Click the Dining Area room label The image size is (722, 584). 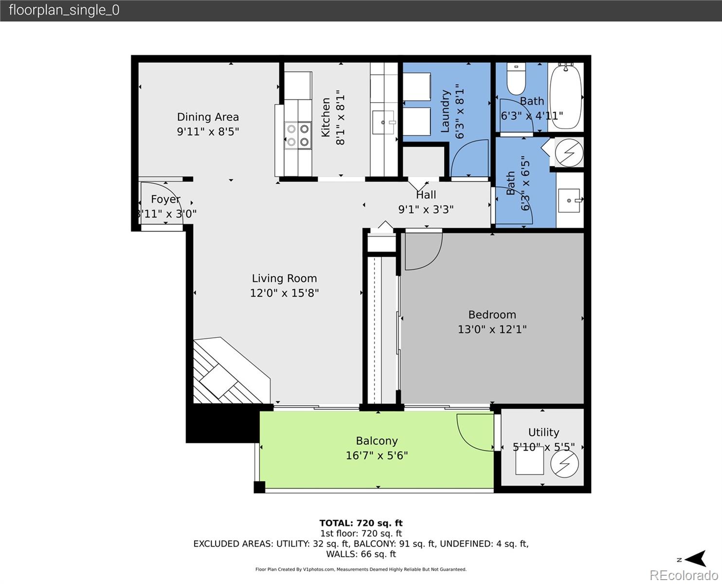(208, 117)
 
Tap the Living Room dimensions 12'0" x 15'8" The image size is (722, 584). (284, 293)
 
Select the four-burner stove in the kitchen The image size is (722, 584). (298, 135)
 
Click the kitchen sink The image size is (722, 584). (383, 122)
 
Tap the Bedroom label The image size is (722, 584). (492, 314)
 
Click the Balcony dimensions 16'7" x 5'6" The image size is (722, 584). (377, 456)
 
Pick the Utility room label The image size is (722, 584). (543, 432)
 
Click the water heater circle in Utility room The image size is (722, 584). (564, 464)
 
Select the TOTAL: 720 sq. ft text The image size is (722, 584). (361, 523)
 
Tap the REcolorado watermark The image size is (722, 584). (684, 575)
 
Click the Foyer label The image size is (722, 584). (165, 199)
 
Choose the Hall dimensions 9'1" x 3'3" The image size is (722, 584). (426, 209)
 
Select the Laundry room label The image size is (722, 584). (445, 111)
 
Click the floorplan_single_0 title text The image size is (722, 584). (64, 10)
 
